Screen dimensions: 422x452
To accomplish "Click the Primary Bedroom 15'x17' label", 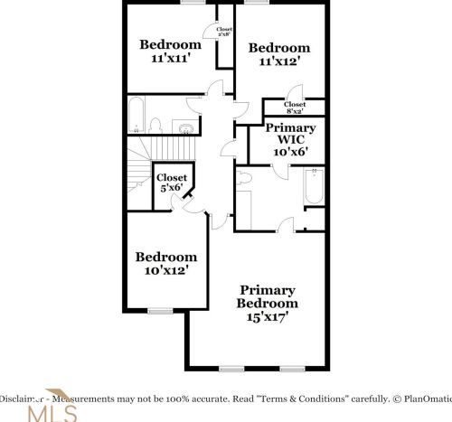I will click(x=268, y=304).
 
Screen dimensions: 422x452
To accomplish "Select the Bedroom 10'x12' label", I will click(x=165, y=263).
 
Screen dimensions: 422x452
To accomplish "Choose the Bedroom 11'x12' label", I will click(x=279, y=55).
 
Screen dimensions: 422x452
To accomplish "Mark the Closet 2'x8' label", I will click(x=223, y=32).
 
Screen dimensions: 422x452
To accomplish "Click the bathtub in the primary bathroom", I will click(x=313, y=187).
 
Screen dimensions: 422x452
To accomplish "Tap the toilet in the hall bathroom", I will click(x=155, y=125).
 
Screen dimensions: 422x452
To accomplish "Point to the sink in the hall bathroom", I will click(x=184, y=127).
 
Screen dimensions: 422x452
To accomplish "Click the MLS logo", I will click(x=52, y=411).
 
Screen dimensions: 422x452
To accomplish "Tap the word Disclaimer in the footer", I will click(x=20, y=398).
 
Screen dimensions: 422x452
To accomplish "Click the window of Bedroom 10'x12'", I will click(x=160, y=311).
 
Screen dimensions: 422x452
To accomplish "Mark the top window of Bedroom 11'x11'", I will click(x=193, y=3).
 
